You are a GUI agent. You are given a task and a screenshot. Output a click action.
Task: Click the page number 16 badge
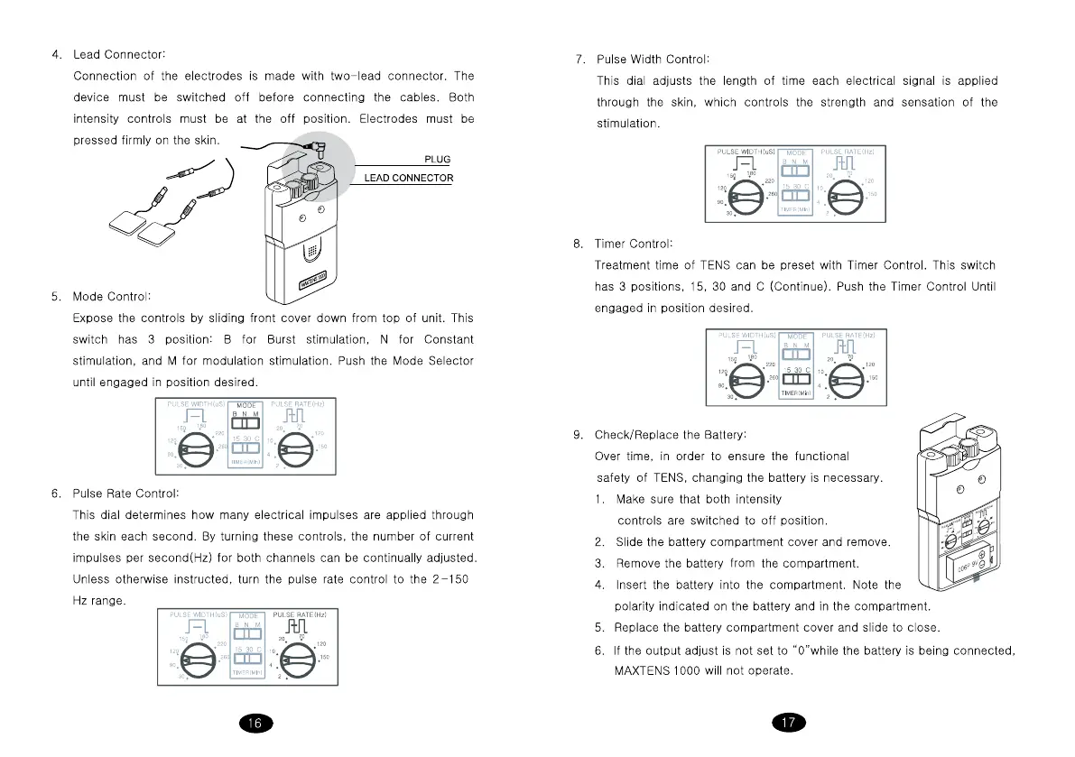[x=255, y=723]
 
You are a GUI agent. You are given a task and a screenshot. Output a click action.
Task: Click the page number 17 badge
[x=789, y=723]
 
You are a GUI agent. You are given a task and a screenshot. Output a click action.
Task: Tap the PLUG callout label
[x=437, y=160]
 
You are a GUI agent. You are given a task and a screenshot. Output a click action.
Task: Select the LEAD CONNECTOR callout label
[x=408, y=178]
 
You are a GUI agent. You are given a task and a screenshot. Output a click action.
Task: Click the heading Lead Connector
[x=118, y=55]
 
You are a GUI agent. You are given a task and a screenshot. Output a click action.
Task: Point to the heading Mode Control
[x=112, y=296]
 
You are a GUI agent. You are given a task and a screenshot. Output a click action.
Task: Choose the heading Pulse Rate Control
[x=125, y=494]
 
